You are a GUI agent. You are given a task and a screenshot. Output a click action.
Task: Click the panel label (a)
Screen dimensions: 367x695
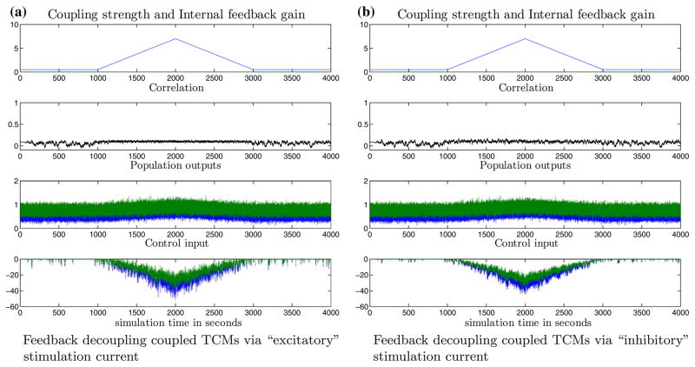click(13, 7)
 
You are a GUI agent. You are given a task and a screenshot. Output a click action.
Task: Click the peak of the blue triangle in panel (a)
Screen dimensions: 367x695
click(175, 39)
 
